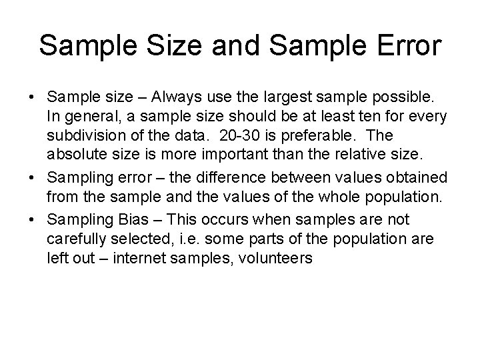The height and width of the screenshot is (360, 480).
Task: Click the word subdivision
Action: (x=83, y=135)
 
